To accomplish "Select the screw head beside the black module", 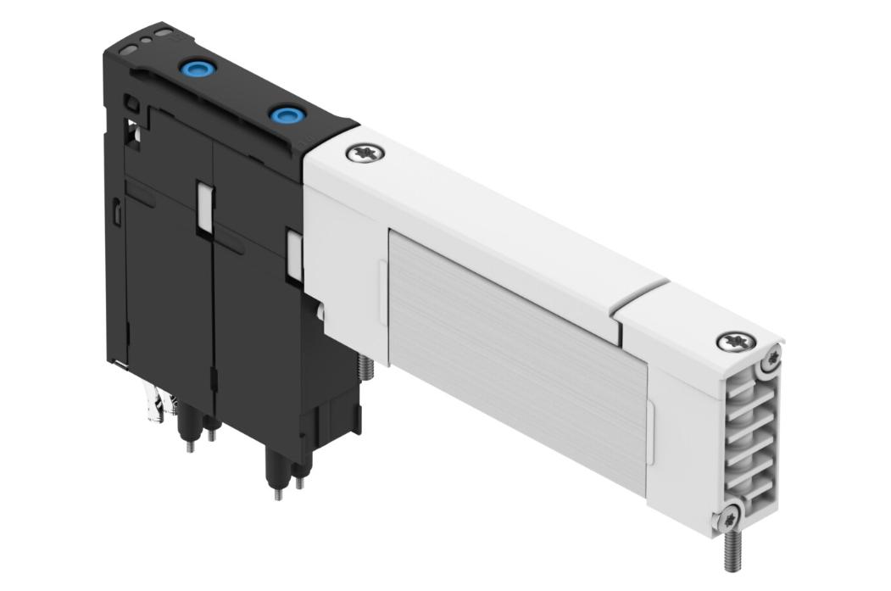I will pyautogui.click(x=365, y=154).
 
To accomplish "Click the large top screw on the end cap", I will pyautogui.click(x=733, y=342).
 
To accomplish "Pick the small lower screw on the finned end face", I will pyautogui.click(x=728, y=513).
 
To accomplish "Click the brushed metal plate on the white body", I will pyautogui.click(x=517, y=339).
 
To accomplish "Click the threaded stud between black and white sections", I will pyautogui.click(x=366, y=366).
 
